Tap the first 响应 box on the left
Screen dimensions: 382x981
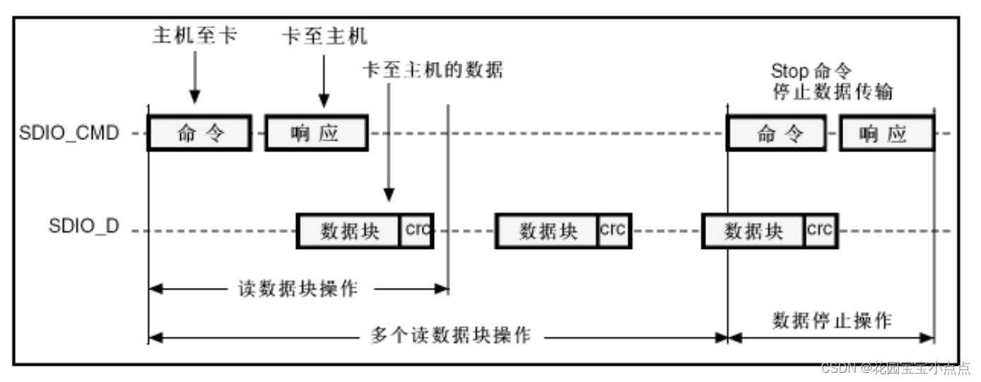coord(316,134)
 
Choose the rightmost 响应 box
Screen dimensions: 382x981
coord(886,134)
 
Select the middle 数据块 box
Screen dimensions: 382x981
coord(547,231)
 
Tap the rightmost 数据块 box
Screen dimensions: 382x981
coord(753,231)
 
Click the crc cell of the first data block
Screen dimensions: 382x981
coord(416,230)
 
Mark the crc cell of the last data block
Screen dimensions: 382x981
coord(821,230)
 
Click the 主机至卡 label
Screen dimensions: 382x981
coord(194,35)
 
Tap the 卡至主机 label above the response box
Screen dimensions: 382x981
coord(324,35)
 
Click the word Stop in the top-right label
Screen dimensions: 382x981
coord(788,71)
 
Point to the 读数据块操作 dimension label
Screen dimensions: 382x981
coord(298,289)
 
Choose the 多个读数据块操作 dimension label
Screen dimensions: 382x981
coord(450,335)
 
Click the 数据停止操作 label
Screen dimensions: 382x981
coord(832,320)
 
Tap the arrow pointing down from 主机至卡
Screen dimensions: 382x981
coord(195,78)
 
